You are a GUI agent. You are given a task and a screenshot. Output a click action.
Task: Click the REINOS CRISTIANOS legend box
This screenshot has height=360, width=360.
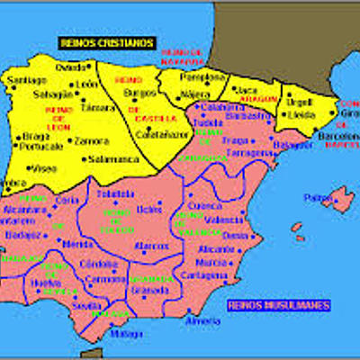pos(105,42)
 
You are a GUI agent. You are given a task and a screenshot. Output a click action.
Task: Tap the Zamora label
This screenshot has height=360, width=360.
pos(91,141)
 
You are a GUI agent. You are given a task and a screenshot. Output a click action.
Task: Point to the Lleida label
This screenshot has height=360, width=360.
pos(300,116)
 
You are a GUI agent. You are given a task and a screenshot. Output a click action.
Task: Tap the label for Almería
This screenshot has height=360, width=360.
pos(203,321)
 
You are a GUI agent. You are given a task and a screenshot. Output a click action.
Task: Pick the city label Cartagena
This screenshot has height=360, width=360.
pos(204,274)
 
